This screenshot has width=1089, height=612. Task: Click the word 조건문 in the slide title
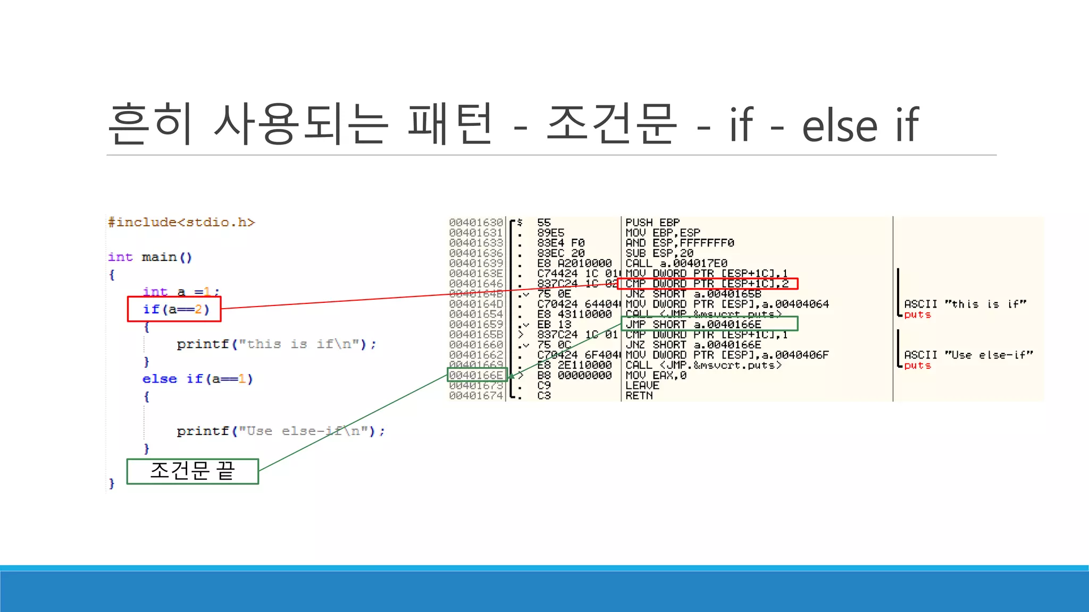611,124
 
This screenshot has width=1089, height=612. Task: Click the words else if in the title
860,125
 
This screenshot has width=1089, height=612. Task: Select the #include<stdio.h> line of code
181,222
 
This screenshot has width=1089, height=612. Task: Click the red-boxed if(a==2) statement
175,309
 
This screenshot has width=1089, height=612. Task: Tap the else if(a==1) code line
197,379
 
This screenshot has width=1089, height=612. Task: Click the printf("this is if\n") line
276,344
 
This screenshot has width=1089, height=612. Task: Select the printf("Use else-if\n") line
280,431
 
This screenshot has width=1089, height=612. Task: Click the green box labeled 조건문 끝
192,471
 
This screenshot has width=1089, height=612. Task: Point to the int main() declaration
150,257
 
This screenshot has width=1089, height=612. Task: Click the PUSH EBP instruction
652,223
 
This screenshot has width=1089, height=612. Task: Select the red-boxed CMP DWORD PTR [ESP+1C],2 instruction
707,284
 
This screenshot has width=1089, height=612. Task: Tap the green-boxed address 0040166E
476,375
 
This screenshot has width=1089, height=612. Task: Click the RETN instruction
639,396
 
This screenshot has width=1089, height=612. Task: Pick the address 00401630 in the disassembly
476,223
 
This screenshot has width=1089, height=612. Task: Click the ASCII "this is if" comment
965,304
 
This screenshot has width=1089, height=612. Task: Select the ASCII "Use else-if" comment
968,355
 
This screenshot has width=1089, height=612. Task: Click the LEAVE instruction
642,386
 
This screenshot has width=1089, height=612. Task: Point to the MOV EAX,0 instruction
656,375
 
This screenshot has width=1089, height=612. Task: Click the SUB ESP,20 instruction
659,253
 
